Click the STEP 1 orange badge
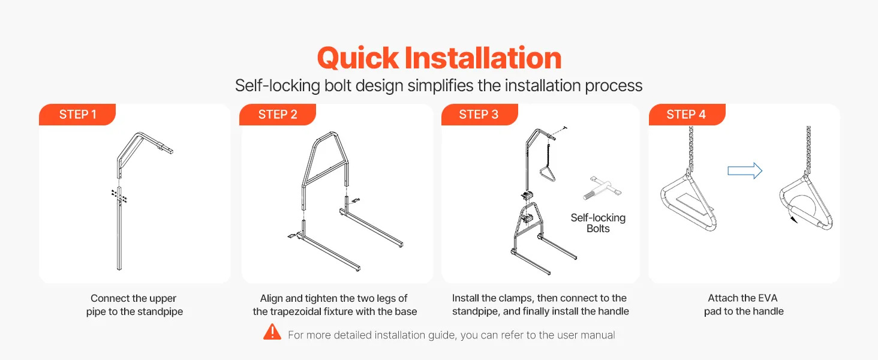pos(77,115)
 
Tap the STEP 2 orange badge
pos(278,115)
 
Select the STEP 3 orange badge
pos(479,115)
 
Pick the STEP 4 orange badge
pos(687,115)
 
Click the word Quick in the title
pos(358,58)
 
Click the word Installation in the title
pos(483,58)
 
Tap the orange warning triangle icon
pos(272,332)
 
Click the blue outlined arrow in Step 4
pos(745,171)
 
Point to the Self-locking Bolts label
pos(598,223)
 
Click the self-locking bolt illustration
pos(602,188)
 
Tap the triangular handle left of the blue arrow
pos(688,202)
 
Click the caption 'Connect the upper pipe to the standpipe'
pos(134,305)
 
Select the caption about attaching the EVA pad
pos(744,305)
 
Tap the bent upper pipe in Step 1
pos(145,154)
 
